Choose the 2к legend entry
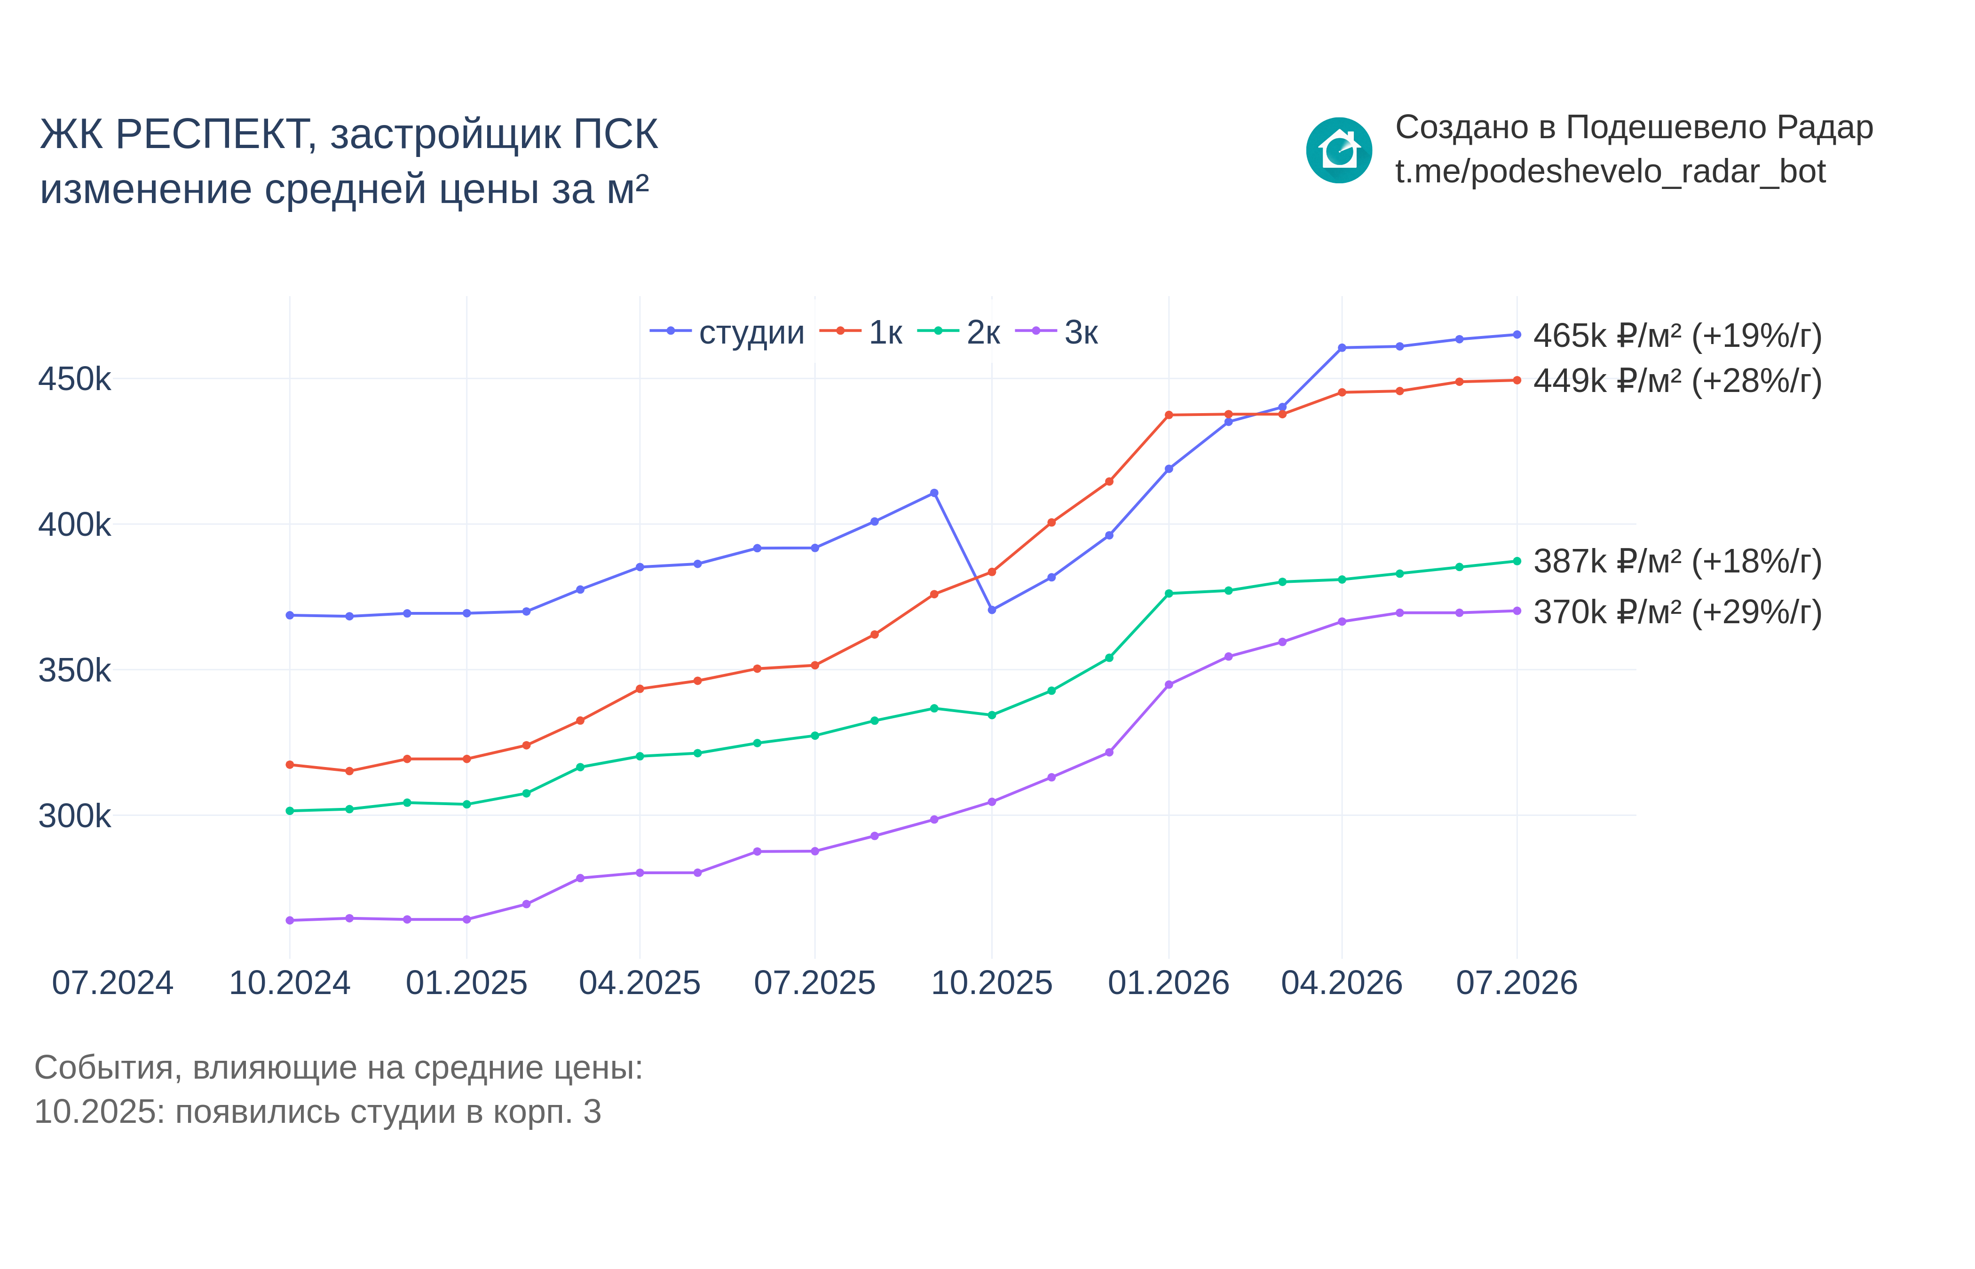959,332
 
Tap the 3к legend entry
1057,332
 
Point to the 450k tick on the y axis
74,379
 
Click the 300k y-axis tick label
74,816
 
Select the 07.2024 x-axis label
113,983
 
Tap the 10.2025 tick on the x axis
992,983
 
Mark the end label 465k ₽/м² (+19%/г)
1677,336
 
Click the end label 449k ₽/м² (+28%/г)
1677,382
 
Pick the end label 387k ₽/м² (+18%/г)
1677,562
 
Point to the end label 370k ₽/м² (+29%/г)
1677,613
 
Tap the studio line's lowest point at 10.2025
992,610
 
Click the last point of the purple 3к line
1517,611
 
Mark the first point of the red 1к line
289,765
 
